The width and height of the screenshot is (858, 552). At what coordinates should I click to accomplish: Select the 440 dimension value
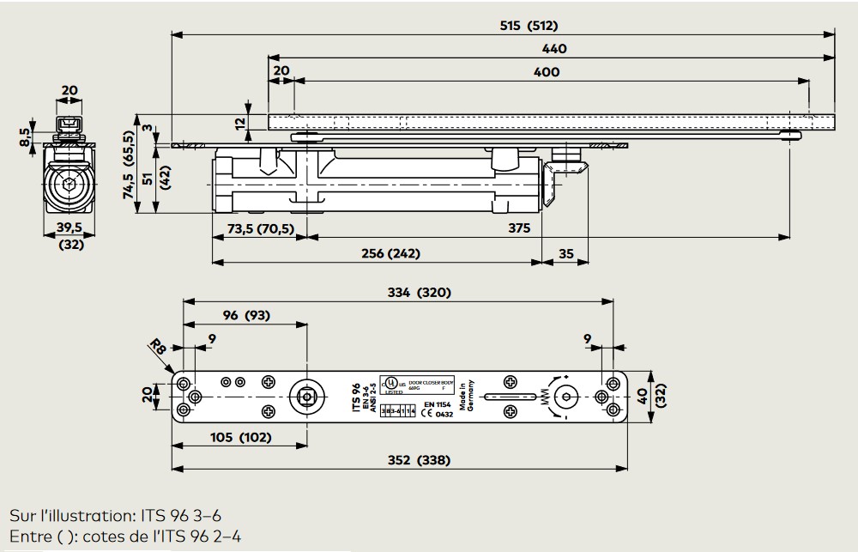point(555,49)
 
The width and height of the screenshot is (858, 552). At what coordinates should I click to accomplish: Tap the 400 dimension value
point(547,72)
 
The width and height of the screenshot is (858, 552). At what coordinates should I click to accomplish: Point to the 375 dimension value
point(518,227)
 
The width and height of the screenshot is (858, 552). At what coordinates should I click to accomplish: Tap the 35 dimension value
point(565,253)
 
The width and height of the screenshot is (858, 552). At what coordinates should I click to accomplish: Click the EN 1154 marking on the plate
point(438,403)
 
